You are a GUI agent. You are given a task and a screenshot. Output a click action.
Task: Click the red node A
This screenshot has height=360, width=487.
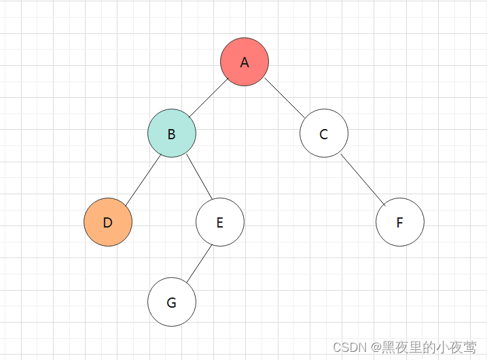click(245, 62)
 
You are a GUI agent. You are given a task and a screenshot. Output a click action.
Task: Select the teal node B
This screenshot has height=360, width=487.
click(172, 133)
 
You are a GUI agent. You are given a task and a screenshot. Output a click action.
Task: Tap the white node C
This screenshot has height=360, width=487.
click(324, 133)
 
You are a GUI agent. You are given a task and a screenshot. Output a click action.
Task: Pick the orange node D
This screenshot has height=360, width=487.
click(108, 222)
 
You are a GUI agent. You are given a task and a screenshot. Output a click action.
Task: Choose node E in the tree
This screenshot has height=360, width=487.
click(220, 222)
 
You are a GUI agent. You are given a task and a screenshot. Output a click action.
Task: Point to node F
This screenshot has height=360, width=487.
click(400, 222)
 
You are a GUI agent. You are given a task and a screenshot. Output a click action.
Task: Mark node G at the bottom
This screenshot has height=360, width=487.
click(172, 302)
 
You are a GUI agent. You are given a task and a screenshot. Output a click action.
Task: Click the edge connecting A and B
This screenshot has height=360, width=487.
click(208, 98)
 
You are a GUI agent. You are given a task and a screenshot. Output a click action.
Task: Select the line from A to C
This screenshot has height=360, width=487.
click(285, 98)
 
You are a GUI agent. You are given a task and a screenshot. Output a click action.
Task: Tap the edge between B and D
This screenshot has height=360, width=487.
click(141, 178)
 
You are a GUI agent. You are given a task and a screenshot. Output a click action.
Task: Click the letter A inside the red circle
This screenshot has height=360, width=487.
click(245, 62)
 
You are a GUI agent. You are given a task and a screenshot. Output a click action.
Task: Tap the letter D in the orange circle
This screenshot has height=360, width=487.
click(108, 223)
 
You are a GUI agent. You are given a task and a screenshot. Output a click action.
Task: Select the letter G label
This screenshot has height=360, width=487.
click(172, 303)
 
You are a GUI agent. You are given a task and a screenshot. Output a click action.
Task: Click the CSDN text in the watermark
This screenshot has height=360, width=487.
click(348, 347)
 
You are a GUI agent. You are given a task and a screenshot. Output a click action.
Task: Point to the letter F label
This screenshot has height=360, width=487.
click(400, 223)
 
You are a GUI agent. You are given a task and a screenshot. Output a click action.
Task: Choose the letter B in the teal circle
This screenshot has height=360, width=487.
click(172, 134)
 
